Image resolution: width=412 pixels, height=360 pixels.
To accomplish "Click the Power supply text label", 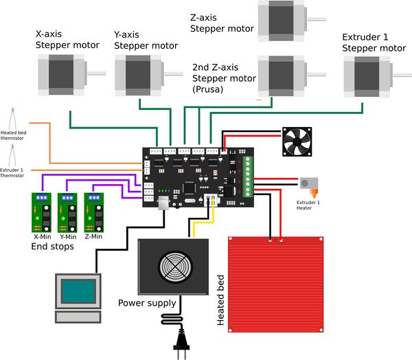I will click(x=147, y=303).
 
